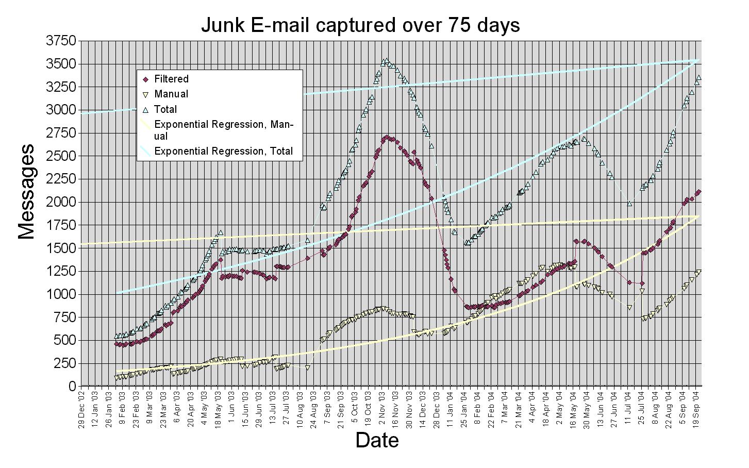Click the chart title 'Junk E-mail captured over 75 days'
coord(360,25)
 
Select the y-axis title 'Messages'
coord(27,191)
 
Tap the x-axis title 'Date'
coord(377,440)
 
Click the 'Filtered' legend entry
coord(171,79)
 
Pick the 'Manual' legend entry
coord(171,94)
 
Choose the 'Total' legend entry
coord(165,109)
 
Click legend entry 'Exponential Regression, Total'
coord(223,151)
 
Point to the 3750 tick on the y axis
coord(61,41)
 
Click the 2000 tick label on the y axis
coord(61,202)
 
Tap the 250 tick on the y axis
coord(64,363)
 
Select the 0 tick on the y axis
coord(72,386)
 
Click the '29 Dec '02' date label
coord(81,407)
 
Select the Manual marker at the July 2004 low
coord(629,307)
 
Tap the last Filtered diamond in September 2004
coord(698,192)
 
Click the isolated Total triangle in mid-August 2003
coord(308,240)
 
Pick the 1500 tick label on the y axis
coord(61,248)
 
